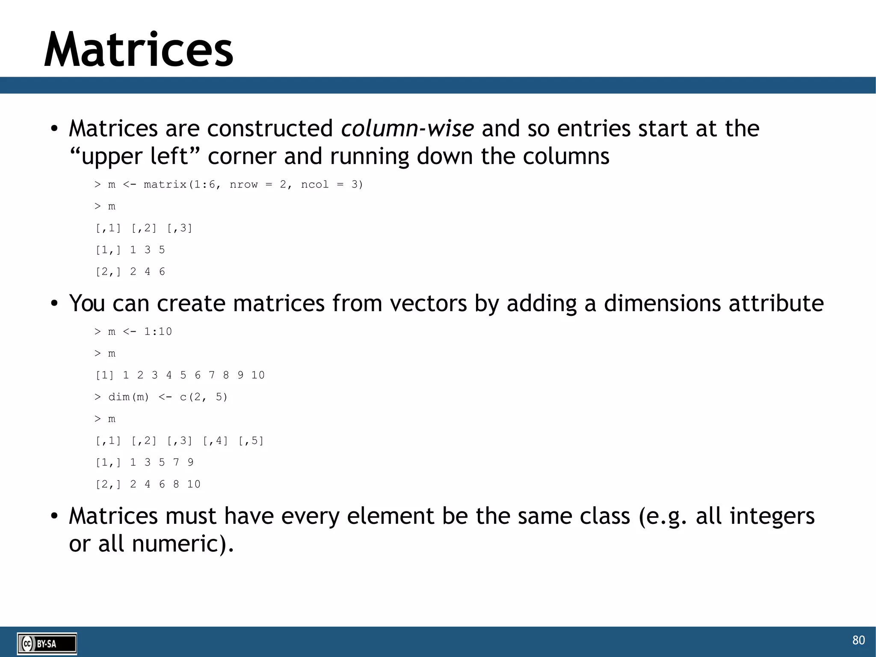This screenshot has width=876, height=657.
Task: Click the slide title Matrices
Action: tap(139, 50)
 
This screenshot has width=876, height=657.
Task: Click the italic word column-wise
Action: tap(407, 128)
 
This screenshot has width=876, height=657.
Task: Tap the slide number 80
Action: tap(858, 640)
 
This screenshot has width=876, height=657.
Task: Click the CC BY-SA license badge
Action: tap(47, 643)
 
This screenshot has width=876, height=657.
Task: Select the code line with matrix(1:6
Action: tap(228, 184)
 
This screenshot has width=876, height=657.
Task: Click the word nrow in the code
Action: tap(243, 184)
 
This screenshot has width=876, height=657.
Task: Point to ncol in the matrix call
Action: tap(314, 184)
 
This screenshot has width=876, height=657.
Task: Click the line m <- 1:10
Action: tap(133, 332)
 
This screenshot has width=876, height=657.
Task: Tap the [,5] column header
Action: tap(251, 440)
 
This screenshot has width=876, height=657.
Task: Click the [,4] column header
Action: tap(215, 440)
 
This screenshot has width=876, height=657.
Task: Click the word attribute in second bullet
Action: tap(776, 303)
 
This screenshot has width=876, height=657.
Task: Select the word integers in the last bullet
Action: tap(772, 516)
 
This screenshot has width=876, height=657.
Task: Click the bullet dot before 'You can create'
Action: tap(54, 303)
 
